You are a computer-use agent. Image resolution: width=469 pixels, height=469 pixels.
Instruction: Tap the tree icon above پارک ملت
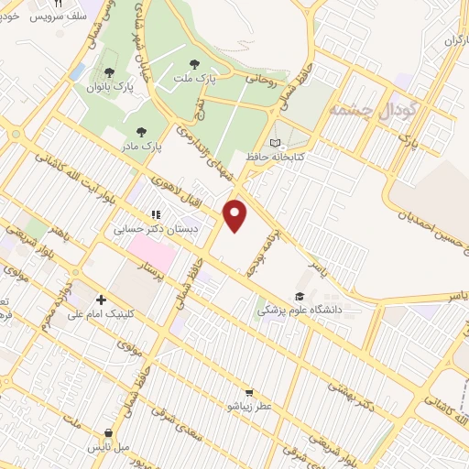193,64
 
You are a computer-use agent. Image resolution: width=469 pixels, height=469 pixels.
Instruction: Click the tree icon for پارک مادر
139,131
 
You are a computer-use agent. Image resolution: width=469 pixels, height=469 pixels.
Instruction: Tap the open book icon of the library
277,143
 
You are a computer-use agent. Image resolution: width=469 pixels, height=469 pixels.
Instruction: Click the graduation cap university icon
298,296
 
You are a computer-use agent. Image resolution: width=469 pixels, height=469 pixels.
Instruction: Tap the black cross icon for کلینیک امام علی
101,300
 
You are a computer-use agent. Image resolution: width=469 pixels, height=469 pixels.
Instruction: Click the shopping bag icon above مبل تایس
109,433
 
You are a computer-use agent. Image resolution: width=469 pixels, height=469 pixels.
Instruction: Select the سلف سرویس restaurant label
59,16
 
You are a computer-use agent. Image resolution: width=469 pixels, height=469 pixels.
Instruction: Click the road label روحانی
255,79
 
